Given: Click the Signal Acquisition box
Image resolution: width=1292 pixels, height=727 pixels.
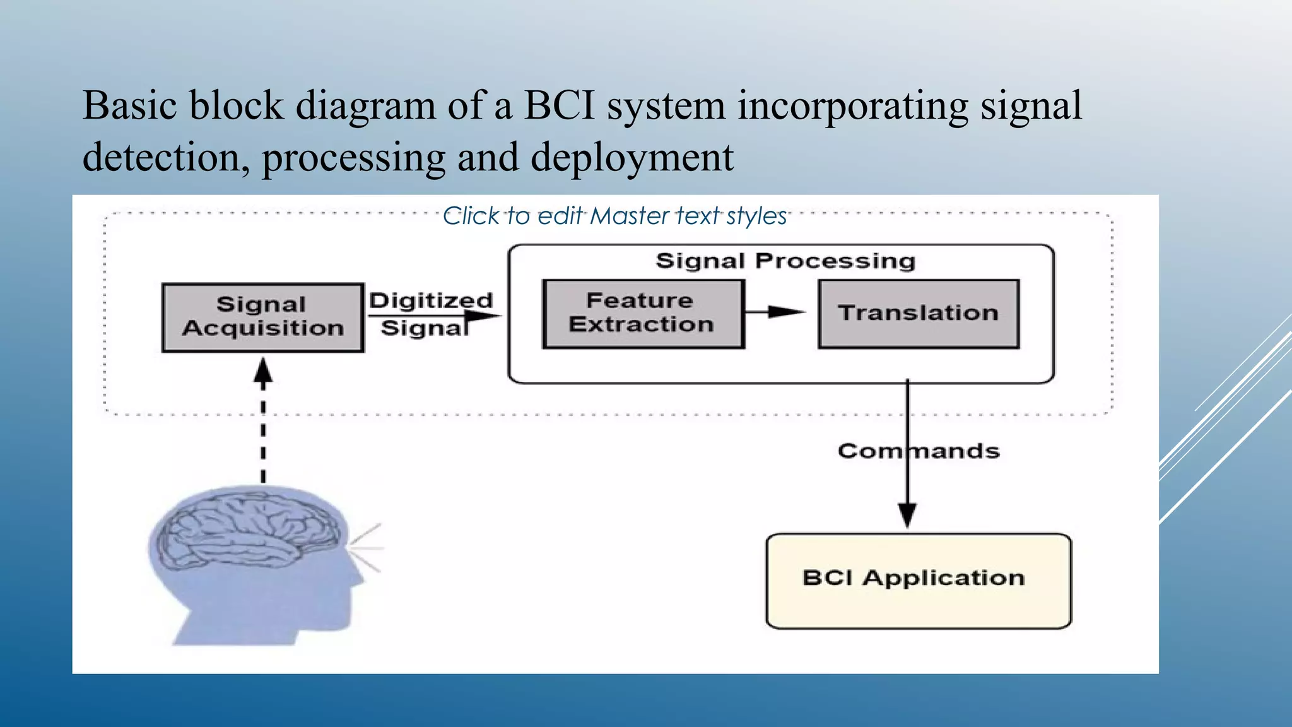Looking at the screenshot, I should tap(262, 317).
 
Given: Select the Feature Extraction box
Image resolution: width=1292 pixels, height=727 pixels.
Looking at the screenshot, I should tap(643, 314).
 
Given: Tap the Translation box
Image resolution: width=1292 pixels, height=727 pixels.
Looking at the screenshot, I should tap(918, 314).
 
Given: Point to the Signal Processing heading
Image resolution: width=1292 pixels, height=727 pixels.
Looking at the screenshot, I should tap(785, 261).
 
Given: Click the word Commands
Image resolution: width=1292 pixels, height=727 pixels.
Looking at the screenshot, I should tap(919, 451).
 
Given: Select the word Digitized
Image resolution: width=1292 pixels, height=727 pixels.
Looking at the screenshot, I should tap(431, 300).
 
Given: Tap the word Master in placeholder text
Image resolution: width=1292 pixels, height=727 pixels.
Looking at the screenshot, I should tap(629, 216).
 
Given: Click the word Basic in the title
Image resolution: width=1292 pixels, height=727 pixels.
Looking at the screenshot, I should tap(129, 105).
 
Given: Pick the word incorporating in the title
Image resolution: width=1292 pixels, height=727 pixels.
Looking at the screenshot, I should tap(852, 105).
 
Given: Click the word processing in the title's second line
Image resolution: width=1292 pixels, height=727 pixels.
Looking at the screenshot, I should tap(353, 157).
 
